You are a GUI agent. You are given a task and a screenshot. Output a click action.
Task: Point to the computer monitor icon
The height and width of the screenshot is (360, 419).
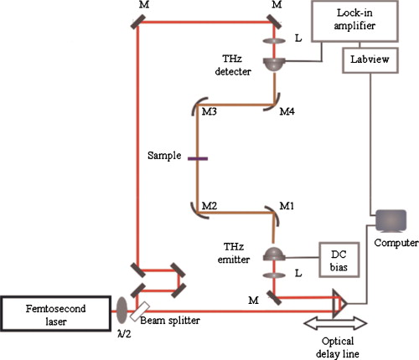388,220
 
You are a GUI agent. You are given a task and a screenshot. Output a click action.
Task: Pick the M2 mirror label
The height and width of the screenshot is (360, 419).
210,204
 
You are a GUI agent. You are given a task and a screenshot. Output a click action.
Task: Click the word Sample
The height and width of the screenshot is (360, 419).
164,157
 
